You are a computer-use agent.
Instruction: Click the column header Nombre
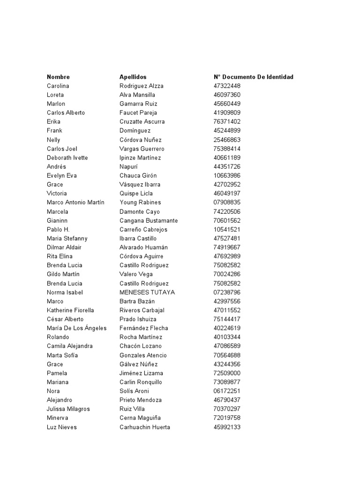click(58, 77)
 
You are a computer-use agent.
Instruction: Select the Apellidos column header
click(133, 77)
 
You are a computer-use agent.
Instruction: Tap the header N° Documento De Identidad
click(253, 77)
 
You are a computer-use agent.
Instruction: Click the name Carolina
click(58, 86)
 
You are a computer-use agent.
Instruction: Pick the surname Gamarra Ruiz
click(138, 104)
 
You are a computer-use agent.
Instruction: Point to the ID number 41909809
click(227, 112)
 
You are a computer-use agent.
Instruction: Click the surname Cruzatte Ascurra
click(142, 121)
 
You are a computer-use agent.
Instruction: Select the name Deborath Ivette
click(67, 157)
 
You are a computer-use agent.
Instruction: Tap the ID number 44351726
click(227, 166)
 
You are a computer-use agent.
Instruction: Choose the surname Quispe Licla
click(136, 193)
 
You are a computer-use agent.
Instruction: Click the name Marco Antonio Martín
click(75, 202)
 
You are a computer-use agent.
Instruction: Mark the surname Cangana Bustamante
click(149, 220)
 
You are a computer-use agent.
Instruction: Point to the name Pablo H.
click(58, 229)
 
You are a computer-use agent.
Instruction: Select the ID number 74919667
click(227, 247)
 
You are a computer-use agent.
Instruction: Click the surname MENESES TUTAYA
click(147, 292)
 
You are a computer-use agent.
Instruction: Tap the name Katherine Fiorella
click(70, 310)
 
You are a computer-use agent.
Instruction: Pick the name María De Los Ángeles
click(77, 328)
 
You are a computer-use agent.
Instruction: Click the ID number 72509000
click(227, 373)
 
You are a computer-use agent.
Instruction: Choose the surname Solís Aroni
click(134, 391)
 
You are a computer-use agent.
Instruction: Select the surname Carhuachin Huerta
click(145, 427)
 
